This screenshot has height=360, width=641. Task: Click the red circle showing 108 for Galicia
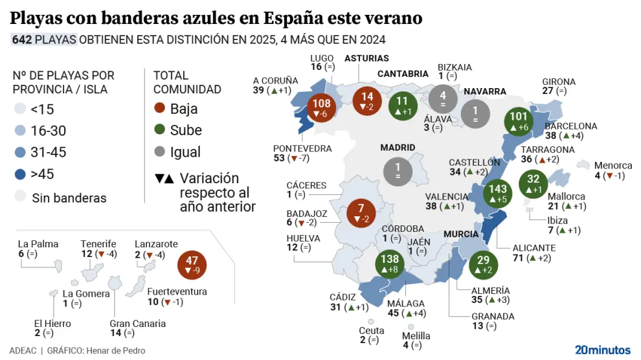[x=322, y=108]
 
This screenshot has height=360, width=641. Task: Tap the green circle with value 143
[x=499, y=192]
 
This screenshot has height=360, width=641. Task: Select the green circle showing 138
[x=390, y=264]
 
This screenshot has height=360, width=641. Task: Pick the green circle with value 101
[x=520, y=122]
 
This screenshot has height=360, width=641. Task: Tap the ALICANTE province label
[x=534, y=248]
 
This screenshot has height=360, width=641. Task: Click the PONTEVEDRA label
[x=302, y=149]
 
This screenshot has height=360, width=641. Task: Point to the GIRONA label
[x=559, y=82]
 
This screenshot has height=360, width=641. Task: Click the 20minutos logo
[x=602, y=350]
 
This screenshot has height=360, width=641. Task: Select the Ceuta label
[x=372, y=330]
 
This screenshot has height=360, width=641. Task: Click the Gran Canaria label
[x=137, y=324]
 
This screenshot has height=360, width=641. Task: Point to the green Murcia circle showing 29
[x=482, y=264]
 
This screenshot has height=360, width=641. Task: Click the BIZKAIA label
[x=455, y=67]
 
